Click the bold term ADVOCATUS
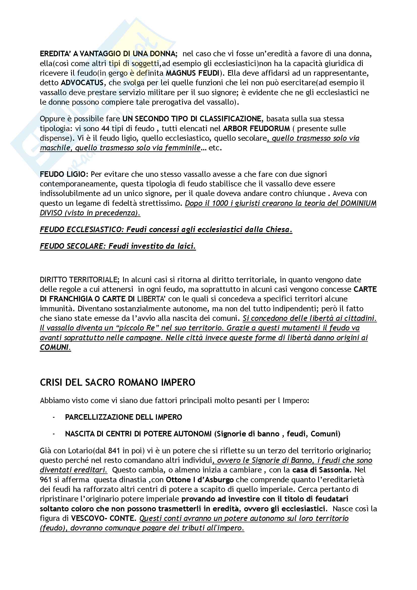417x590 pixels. coord(82,83)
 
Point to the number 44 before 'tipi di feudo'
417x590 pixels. coord(105,128)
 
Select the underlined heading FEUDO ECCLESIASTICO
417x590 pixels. coord(82,230)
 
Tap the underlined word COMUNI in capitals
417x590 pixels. coord(55,347)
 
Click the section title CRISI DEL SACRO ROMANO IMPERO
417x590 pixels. coord(117,382)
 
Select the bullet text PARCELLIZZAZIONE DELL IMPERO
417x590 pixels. coord(123,417)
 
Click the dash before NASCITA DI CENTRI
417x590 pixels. coord(54,434)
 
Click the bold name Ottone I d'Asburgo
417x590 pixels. coord(200,480)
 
